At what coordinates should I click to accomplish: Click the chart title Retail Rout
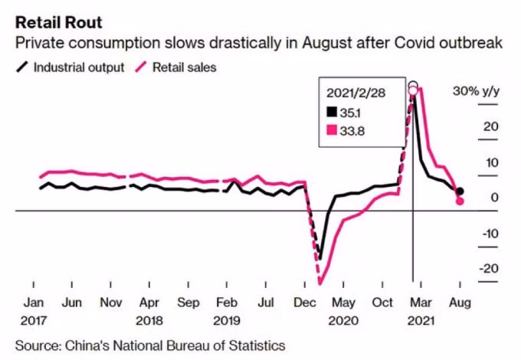pos(59,22)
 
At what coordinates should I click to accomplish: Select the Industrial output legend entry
pos(70,67)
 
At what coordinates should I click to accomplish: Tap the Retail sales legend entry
pos(175,67)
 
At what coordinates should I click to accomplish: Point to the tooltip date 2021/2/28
pos(356,93)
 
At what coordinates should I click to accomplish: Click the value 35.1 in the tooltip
pos(350,113)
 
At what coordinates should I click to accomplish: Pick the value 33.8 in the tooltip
pos(352,131)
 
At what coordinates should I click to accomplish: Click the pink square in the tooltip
pos(332,130)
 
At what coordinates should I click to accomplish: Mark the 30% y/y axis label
pos(476,91)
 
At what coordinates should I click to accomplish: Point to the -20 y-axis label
pos(489,268)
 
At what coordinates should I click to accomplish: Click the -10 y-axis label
pos(490,234)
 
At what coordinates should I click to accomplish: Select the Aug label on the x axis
pos(460,303)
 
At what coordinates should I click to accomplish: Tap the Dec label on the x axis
pos(305,303)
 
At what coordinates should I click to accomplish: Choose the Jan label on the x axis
pos(33,303)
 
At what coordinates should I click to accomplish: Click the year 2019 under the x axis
pos(227,321)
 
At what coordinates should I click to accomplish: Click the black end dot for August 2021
pos(460,191)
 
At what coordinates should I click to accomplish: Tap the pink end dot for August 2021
pos(460,201)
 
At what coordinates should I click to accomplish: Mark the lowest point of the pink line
pos(320,283)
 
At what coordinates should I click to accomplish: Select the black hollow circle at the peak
pos(413,85)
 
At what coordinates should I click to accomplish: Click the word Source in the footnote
pos(38,345)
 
